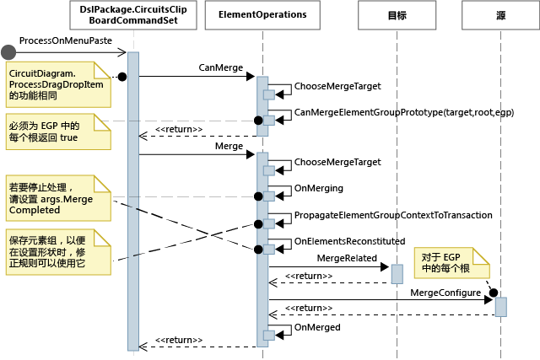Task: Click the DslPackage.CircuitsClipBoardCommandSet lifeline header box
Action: click(132, 15)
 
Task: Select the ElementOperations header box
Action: click(262, 15)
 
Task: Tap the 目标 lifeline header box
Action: click(397, 15)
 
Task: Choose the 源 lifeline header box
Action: click(501, 15)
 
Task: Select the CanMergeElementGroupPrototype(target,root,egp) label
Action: click(403, 111)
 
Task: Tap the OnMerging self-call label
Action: click(318, 188)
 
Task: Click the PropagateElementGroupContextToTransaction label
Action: click(392, 215)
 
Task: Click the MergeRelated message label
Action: click(346, 256)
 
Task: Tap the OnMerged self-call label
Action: click(316, 327)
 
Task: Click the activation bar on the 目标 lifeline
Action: click(397, 274)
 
